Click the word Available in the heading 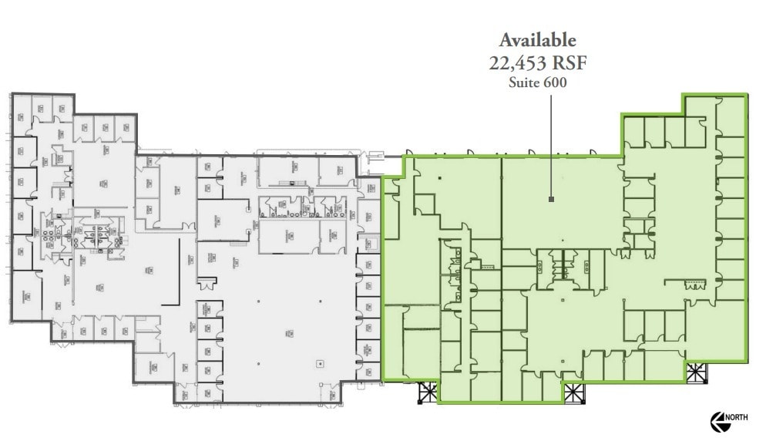pyautogui.click(x=537, y=40)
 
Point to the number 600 pyautogui.click(x=555, y=83)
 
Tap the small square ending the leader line pyautogui.click(x=551, y=200)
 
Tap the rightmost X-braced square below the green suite pyautogui.click(x=696, y=372)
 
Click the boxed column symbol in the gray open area pyautogui.click(x=319, y=363)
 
